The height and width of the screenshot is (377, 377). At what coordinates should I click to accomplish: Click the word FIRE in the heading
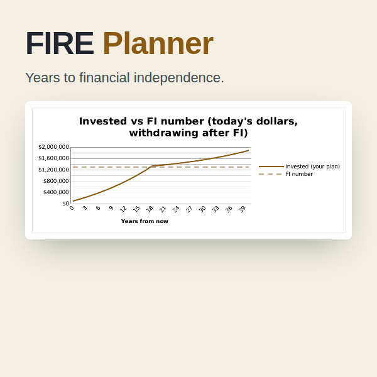tap(60, 43)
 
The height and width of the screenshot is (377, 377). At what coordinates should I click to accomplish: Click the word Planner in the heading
tap(158, 43)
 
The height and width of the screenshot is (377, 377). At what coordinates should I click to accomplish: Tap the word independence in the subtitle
tap(178, 78)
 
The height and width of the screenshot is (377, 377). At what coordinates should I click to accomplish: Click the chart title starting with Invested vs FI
tap(188, 127)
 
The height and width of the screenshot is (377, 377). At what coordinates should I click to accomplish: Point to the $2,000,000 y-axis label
tap(54, 147)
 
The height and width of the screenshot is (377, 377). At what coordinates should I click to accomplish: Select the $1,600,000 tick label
tap(54, 158)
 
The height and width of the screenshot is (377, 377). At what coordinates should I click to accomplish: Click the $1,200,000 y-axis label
tap(54, 170)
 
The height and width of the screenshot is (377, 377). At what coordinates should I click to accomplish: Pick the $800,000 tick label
tap(56, 181)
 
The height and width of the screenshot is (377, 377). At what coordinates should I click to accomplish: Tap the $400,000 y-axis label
tap(56, 192)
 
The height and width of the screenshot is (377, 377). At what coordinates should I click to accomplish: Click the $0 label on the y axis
tap(65, 204)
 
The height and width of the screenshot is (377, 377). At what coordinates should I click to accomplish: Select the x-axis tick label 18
tap(150, 209)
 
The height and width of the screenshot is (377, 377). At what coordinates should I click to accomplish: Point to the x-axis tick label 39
tap(242, 209)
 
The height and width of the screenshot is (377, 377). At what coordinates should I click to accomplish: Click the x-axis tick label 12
tap(123, 209)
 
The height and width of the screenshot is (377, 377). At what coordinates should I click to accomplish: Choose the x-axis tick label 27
tap(189, 209)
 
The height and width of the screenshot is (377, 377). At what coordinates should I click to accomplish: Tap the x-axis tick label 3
tap(85, 208)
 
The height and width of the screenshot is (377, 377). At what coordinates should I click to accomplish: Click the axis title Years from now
tap(145, 221)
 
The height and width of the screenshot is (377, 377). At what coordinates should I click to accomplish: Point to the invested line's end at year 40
tap(249, 151)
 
